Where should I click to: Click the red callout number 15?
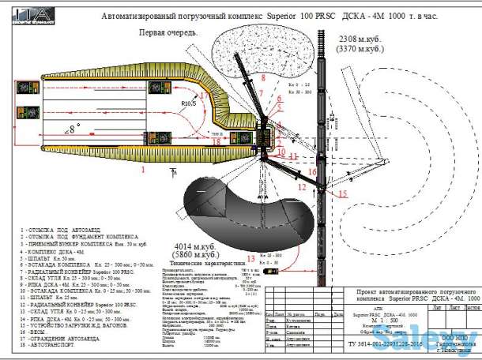click(x=343, y=193)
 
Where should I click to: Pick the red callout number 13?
click(x=250, y=258)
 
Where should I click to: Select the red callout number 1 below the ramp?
click(x=143, y=169)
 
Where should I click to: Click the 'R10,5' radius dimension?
click(x=187, y=103)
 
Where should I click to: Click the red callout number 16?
click(x=312, y=171)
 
